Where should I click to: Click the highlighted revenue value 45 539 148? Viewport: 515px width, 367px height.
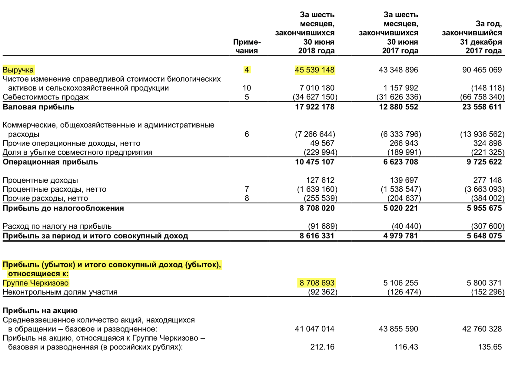click(x=314, y=70)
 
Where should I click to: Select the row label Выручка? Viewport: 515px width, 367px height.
click(x=18, y=70)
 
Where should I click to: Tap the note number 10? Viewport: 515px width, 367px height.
click(x=247, y=88)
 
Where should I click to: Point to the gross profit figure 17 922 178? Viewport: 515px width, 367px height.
click(x=314, y=107)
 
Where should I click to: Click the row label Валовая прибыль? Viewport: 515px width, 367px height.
click(x=38, y=107)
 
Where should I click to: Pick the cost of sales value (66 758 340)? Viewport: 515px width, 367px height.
click(x=482, y=97)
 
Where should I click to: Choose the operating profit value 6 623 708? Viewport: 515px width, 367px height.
click(x=400, y=162)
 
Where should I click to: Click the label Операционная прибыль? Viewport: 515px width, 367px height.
click(x=50, y=162)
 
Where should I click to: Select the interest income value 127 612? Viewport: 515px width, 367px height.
click(x=320, y=180)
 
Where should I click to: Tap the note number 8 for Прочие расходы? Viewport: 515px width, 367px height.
click(x=247, y=198)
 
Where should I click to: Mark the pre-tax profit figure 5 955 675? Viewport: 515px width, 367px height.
click(x=484, y=208)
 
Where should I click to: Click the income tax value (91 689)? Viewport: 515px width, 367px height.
click(x=322, y=226)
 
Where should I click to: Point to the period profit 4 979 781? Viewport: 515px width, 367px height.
click(x=400, y=236)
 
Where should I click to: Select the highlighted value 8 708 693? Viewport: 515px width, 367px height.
click(x=317, y=283)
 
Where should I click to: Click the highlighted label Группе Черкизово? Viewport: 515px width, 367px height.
click(x=36, y=283)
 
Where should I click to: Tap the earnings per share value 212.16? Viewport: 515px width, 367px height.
click(x=322, y=347)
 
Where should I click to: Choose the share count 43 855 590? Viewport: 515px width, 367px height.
click(x=398, y=329)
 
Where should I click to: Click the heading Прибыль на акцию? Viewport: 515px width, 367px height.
click(x=40, y=311)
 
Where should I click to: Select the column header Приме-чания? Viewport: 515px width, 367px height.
click(x=247, y=46)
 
